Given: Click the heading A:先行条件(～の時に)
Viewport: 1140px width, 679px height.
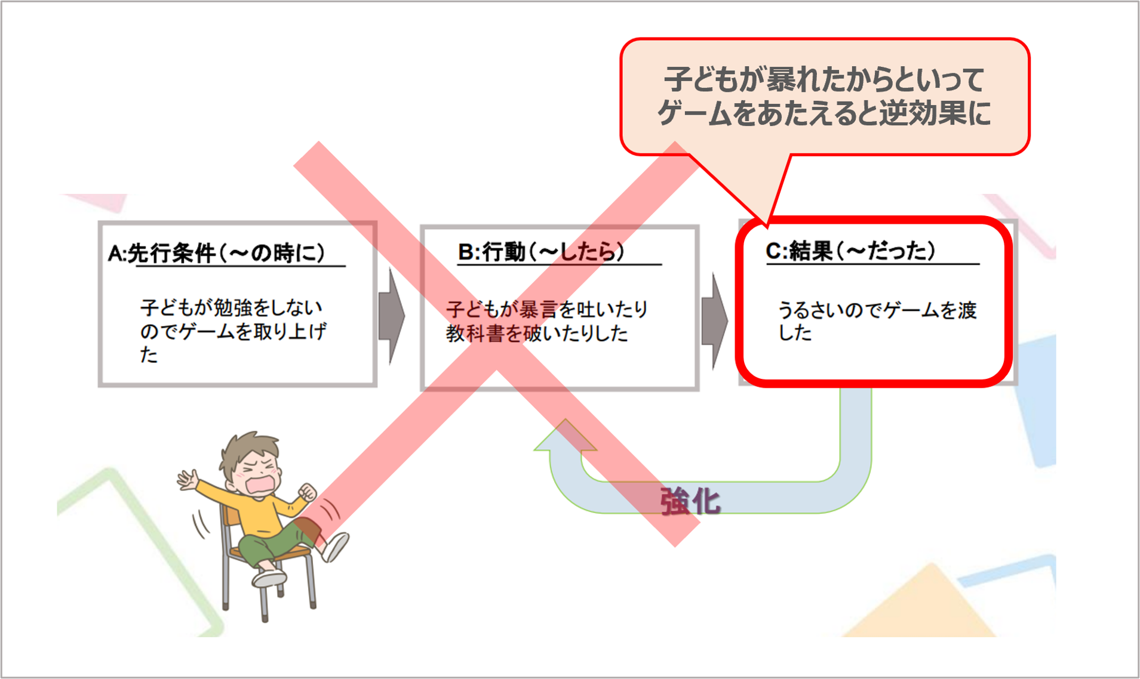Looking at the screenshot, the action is pos(216,254).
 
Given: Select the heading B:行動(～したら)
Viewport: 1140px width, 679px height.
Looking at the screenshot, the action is pos(541,252).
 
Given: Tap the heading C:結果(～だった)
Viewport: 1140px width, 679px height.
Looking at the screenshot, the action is pos(850,251).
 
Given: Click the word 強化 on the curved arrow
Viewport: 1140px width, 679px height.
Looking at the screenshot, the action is pos(690,501).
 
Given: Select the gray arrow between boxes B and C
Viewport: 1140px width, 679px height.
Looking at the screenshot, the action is pos(714,320).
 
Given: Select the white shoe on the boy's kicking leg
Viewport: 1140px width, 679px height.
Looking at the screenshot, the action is pos(335,546).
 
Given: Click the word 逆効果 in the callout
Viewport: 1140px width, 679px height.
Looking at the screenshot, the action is pos(923,113).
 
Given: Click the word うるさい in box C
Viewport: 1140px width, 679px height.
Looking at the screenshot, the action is pos(811,310).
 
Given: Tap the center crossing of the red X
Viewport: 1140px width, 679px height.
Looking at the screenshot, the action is pos(496,345).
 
